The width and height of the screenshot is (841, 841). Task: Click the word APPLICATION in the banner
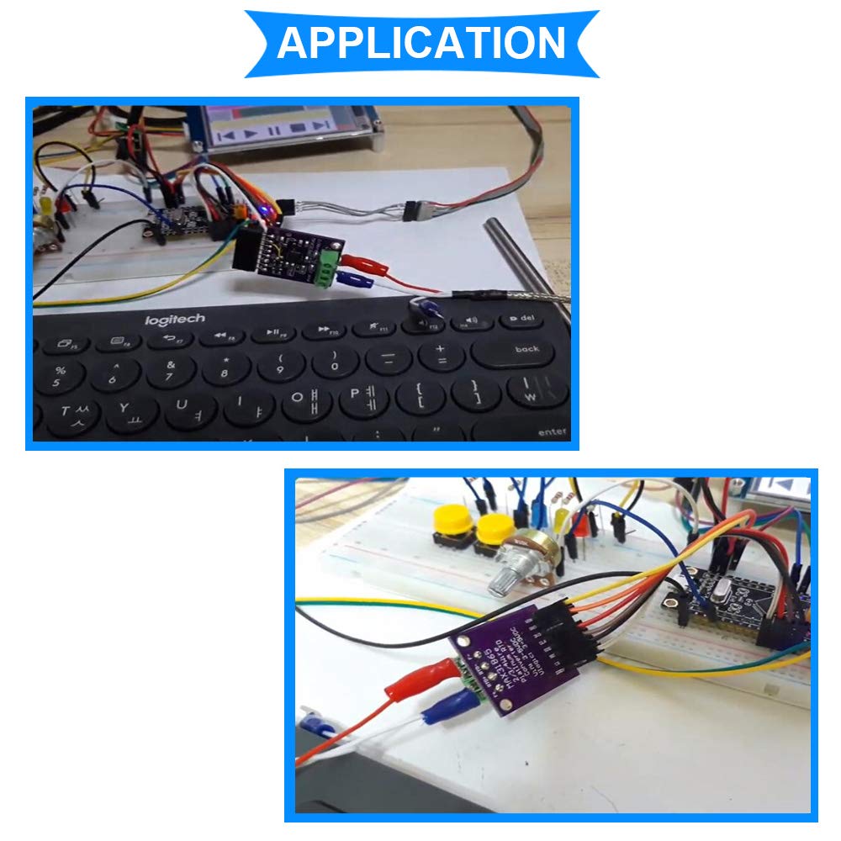coord(421,43)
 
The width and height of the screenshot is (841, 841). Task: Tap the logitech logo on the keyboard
coord(174,319)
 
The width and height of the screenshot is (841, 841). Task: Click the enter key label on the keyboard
coord(551,431)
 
